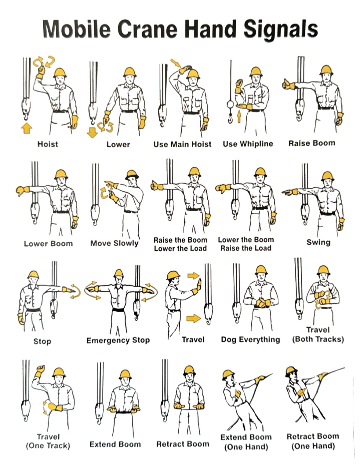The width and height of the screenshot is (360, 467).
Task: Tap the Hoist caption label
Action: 48,144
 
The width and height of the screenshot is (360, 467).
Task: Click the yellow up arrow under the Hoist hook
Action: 27,127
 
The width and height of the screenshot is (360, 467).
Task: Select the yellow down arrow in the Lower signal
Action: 92,132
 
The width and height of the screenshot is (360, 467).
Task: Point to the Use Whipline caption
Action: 248,144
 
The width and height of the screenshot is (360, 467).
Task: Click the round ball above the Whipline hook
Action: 230,104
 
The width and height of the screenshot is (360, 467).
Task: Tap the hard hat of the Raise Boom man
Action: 326,70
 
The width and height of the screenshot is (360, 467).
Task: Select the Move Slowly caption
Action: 114,243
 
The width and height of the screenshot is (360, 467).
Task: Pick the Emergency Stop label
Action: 118,340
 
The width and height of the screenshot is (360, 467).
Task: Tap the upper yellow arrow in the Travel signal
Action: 193,276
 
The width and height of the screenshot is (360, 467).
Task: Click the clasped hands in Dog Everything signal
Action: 261,303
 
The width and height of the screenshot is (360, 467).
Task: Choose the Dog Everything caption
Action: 250,340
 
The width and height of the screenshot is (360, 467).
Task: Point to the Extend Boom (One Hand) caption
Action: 246,442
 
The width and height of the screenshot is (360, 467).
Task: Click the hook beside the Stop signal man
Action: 54,309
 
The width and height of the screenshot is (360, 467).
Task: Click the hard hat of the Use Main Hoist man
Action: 193,73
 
